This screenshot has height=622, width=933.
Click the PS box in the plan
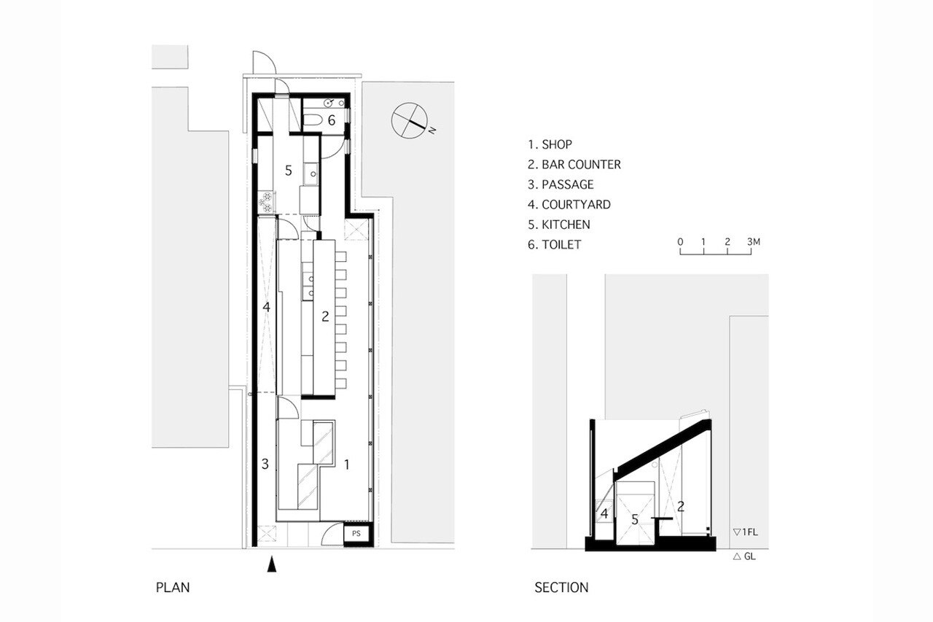pyautogui.click(x=356, y=533)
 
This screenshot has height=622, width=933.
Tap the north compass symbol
pyautogui.click(x=410, y=120)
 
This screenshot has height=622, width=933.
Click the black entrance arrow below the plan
pyautogui.click(x=272, y=564)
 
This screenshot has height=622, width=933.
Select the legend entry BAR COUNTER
pyautogui.click(x=574, y=165)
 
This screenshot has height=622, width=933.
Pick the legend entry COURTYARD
pyautogui.click(x=569, y=205)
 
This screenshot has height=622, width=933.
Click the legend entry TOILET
pyautogui.click(x=554, y=244)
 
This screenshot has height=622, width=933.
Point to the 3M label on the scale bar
pyautogui.click(x=753, y=241)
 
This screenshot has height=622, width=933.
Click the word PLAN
pyautogui.click(x=173, y=588)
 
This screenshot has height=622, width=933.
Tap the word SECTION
pyautogui.click(x=561, y=588)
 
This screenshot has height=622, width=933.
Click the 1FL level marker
pyautogui.click(x=746, y=532)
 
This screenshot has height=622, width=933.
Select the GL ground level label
pyautogui.click(x=744, y=556)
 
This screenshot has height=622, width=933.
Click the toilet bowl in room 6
pyautogui.click(x=313, y=120)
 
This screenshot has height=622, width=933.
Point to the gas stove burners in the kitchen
pyautogui.click(x=266, y=202)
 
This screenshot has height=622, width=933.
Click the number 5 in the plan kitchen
pyautogui.click(x=288, y=171)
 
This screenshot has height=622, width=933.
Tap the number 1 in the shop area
pyautogui.click(x=346, y=464)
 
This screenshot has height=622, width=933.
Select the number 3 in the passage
pyautogui.click(x=265, y=464)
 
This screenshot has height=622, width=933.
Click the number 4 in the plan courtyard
pyautogui.click(x=267, y=307)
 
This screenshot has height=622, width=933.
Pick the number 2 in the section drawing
pyautogui.click(x=681, y=507)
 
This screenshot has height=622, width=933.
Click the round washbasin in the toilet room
pyautogui.click(x=328, y=104)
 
